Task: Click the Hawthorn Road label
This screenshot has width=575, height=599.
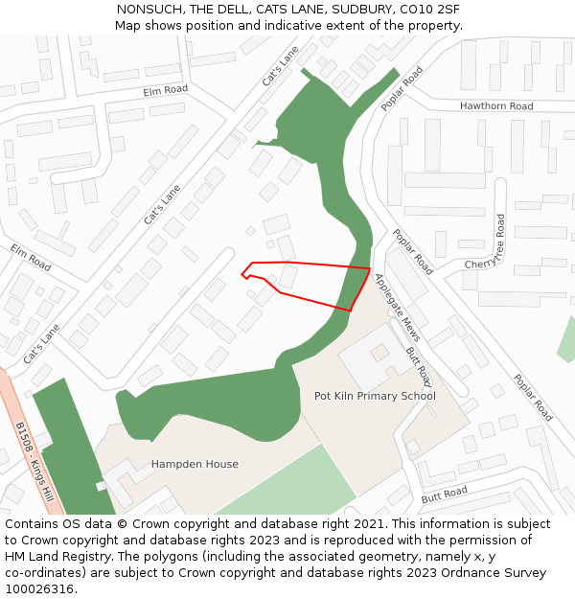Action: click(x=495, y=106)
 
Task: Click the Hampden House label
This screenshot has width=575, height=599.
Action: click(x=195, y=465)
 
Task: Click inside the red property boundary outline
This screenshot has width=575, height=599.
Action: click(x=316, y=282)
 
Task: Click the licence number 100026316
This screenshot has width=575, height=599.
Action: click(x=40, y=589)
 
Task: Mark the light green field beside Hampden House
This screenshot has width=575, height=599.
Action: click(x=287, y=484)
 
